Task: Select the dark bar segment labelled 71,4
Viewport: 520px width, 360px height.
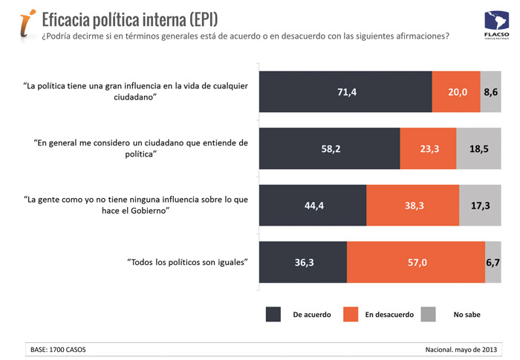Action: click(x=345, y=92)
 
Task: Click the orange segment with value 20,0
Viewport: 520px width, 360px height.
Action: click(x=456, y=92)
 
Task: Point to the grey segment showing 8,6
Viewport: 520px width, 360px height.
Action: click(x=491, y=92)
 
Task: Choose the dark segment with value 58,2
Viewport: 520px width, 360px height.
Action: click(x=328, y=148)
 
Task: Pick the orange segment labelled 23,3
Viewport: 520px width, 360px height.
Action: click(x=428, y=148)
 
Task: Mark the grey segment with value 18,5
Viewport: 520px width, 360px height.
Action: click(x=479, y=148)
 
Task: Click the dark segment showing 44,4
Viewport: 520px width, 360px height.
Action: click(x=312, y=206)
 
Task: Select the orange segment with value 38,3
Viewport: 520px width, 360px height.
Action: click(x=412, y=206)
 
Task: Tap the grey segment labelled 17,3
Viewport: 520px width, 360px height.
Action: click(x=480, y=206)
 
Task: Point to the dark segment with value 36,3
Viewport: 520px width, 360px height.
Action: click(x=302, y=262)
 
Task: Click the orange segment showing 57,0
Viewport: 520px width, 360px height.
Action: click(x=416, y=262)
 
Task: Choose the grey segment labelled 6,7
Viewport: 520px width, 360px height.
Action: click(x=493, y=262)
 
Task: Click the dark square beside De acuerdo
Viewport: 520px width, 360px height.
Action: click(x=273, y=314)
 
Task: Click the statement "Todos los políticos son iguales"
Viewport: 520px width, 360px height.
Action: click(x=187, y=262)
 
